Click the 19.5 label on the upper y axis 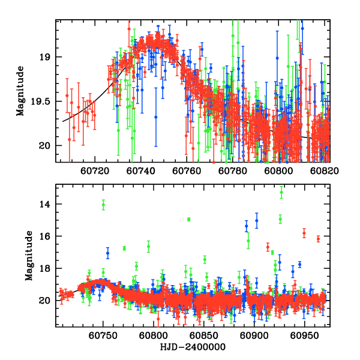(43, 101)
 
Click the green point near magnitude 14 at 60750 (103, 205)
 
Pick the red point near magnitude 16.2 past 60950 (318, 239)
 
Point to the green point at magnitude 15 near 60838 (188, 220)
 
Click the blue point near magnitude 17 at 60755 (108, 253)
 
